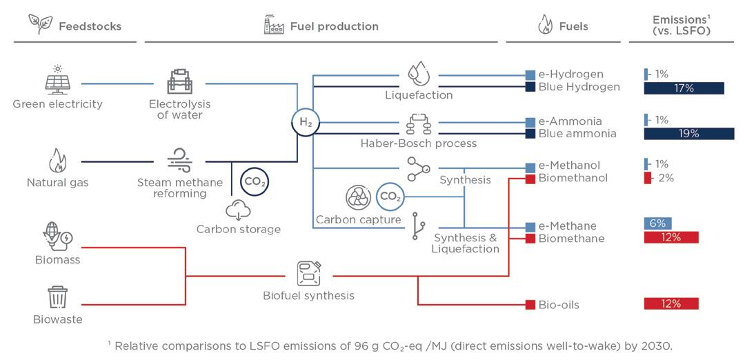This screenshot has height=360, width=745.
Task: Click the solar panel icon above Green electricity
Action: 57,81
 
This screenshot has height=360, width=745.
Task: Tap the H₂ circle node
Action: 305,123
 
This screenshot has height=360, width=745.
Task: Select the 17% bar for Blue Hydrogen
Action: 684,88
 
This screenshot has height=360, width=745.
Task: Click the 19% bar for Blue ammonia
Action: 688,134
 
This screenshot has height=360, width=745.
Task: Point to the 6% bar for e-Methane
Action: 657,223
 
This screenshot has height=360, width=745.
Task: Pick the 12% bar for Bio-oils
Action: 670,303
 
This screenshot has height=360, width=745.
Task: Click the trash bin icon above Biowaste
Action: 57,297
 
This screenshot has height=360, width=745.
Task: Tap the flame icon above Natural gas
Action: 57,161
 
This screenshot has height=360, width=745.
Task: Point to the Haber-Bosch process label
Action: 419,143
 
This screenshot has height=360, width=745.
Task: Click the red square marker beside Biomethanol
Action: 530,179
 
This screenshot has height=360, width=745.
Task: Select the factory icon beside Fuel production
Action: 274,26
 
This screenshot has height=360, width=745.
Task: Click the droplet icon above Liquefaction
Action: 419,73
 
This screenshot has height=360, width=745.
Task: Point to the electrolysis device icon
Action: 179,81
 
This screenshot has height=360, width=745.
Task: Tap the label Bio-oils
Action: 559,304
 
